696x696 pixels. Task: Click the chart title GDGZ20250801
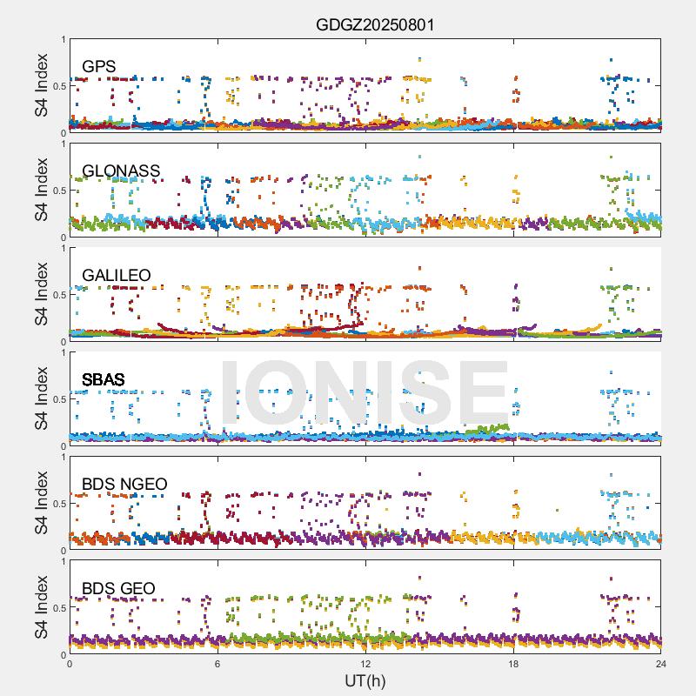pyautogui.click(x=374, y=24)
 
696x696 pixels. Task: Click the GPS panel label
pyautogui.click(x=99, y=66)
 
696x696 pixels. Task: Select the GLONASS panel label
pyautogui.click(x=121, y=171)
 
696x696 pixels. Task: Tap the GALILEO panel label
pyautogui.click(x=117, y=275)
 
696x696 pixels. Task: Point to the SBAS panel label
pyautogui.click(x=104, y=379)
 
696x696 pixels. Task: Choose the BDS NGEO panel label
pyautogui.click(x=124, y=484)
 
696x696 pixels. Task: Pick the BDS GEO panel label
pyautogui.click(x=118, y=589)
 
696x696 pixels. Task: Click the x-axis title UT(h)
pyautogui.click(x=365, y=679)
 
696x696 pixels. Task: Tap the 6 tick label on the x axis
pyautogui.click(x=217, y=664)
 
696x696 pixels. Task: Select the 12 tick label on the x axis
pyautogui.click(x=365, y=664)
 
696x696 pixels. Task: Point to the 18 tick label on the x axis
pyautogui.click(x=513, y=664)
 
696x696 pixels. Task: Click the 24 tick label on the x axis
pyautogui.click(x=661, y=664)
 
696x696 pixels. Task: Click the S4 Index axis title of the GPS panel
pyautogui.click(x=41, y=85)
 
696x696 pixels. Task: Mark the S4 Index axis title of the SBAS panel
pyautogui.click(x=41, y=398)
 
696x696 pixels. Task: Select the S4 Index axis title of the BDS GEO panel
pyautogui.click(x=41, y=607)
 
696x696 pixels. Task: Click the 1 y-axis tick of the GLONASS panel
pyautogui.click(x=63, y=144)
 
